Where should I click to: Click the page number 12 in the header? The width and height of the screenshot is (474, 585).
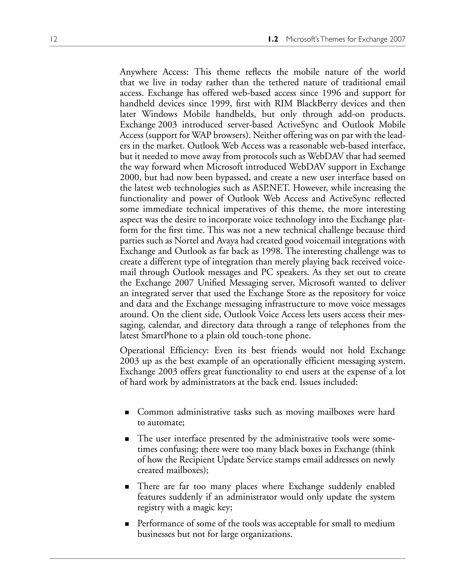(54, 39)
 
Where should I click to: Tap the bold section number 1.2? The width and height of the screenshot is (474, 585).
(273, 39)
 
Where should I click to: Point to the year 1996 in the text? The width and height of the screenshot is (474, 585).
(331, 93)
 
